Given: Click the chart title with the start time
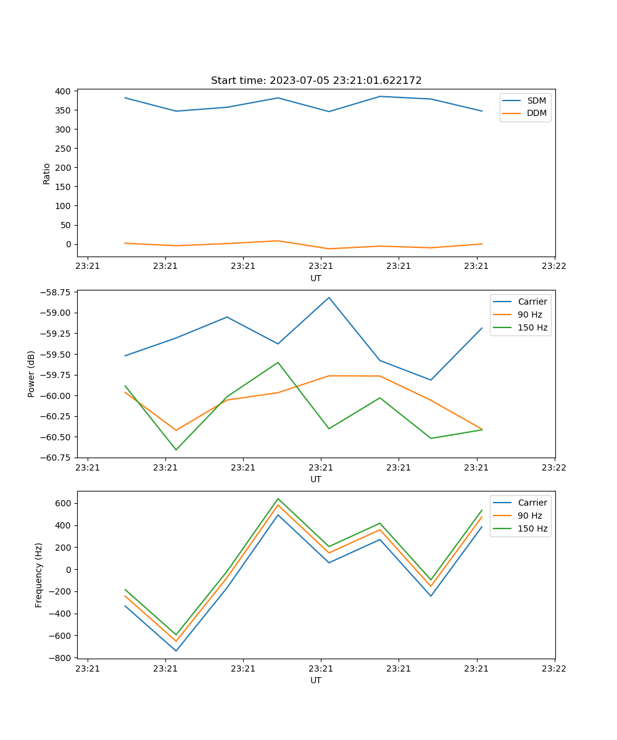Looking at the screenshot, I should coord(316,81).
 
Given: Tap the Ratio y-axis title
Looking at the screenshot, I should coord(47,173).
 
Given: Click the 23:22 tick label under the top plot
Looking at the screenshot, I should coord(553,266).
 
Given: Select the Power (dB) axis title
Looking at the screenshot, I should coord(31,374).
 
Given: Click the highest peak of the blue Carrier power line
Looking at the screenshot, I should coord(329,297).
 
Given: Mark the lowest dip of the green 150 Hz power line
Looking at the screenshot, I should coord(176,450).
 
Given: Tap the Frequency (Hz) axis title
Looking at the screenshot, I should coord(39,575).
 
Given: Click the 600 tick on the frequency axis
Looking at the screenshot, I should coord(64,503).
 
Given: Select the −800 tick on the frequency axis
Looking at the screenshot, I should coord(62,658).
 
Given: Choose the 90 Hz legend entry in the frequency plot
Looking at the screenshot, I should coord(530,516).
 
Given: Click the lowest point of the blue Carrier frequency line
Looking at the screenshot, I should coord(176,651).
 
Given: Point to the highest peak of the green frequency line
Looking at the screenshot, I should coord(278,498).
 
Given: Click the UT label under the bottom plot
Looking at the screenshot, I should coord(316,680).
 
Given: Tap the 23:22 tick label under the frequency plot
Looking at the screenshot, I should coord(553,668).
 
